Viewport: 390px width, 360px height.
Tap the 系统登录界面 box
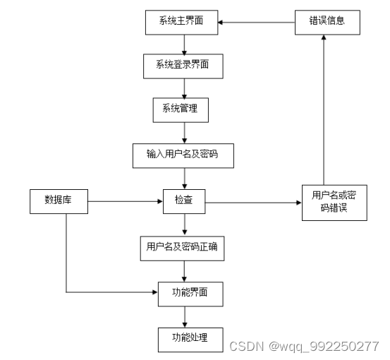183,66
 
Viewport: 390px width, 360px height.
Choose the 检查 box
184,202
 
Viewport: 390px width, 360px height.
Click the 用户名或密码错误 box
334,202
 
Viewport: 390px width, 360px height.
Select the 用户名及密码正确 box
184,246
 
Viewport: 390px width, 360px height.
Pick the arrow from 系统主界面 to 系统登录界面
184,44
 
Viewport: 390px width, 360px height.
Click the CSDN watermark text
304,346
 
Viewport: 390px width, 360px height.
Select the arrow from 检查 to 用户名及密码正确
184,224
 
